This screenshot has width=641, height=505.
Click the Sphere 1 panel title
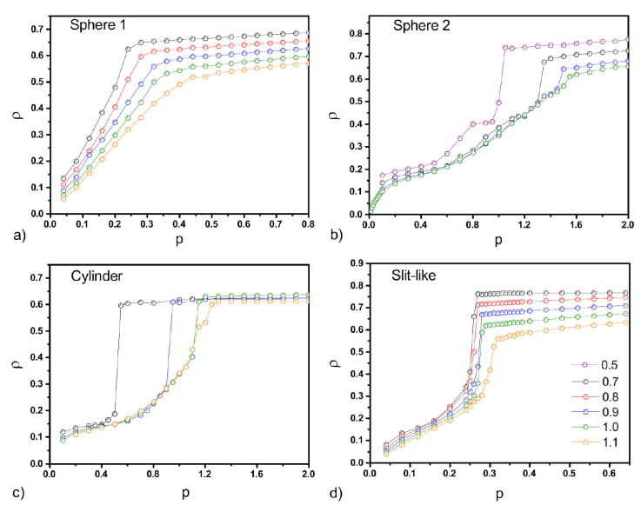[x=99, y=23]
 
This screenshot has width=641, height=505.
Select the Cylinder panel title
[x=97, y=277]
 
